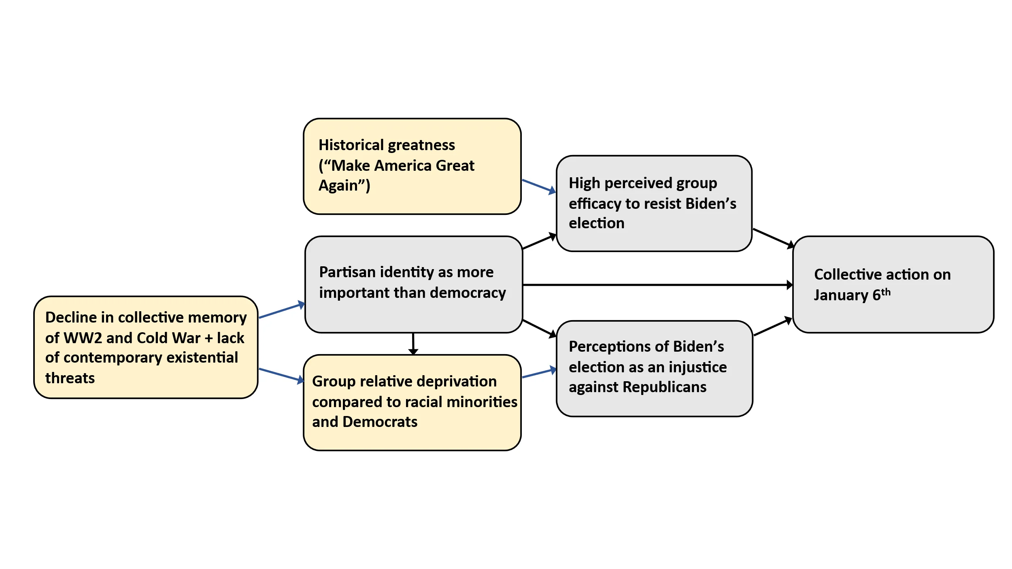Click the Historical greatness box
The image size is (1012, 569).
pyautogui.click(x=412, y=166)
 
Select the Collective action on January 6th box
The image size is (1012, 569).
pyautogui.click(x=893, y=284)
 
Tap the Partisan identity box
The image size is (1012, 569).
pyautogui.click(x=413, y=284)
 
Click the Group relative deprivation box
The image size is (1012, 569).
pyautogui.click(x=412, y=403)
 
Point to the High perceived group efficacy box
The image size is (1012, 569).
pyautogui.click(x=654, y=204)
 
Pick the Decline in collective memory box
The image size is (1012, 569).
pyautogui.click(x=146, y=347)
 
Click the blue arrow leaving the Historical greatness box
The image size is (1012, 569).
pyautogui.click(x=538, y=186)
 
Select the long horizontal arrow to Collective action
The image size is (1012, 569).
pyautogui.click(x=656, y=285)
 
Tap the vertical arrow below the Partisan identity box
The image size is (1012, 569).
pyautogui.click(x=413, y=343)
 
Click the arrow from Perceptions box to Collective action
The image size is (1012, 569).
pyautogui.click(x=772, y=327)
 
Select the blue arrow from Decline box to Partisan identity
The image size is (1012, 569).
pyautogui.click(x=281, y=310)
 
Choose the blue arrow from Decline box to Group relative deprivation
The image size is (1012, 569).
pyautogui.click(x=281, y=375)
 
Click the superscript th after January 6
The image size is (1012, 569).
pyautogui.click(x=886, y=292)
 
